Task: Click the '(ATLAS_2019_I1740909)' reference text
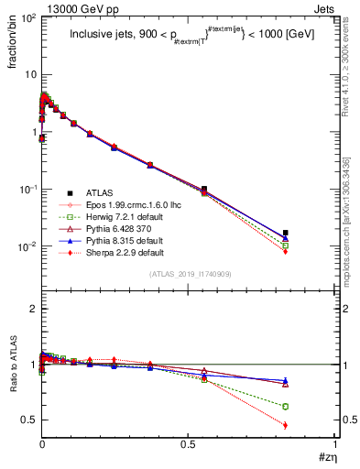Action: pos(189,273)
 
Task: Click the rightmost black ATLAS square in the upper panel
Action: pos(286,233)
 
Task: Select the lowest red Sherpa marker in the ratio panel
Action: pos(286,425)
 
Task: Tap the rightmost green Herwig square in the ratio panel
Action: pos(286,406)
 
